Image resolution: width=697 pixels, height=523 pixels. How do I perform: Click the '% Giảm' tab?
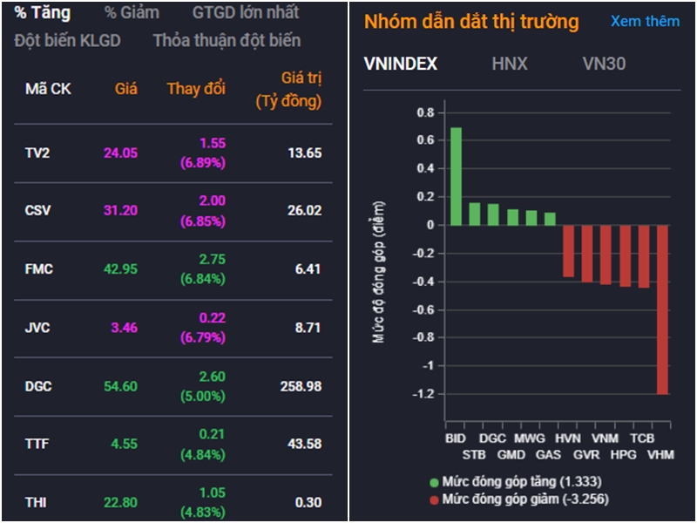pos(132,13)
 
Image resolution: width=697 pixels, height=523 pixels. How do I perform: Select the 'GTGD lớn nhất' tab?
pos(245,13)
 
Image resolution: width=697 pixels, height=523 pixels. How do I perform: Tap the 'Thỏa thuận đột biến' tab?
pos(227,40)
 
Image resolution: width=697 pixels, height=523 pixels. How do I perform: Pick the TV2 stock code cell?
pos(37,153)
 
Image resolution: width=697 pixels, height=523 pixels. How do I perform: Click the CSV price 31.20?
pos(120,210)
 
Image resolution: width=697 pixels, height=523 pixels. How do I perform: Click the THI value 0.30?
pos(308,502)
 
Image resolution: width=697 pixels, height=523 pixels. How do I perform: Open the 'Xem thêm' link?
pos(645,22)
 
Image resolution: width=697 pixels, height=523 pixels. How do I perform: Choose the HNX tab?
pos(510,64)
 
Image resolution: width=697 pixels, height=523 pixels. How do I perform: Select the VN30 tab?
pos(604,64)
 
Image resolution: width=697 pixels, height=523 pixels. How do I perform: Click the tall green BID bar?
pos(456,176)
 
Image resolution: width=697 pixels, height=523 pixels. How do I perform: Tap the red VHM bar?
pos(662,309)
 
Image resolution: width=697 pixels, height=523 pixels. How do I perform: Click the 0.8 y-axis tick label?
pos(424,112)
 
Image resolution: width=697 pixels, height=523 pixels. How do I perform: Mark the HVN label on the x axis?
pos(567,438)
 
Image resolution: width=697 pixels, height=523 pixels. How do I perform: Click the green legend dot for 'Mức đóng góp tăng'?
pos(434,482)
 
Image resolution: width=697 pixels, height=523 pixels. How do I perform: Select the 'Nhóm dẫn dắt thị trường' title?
pos(470,22)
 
